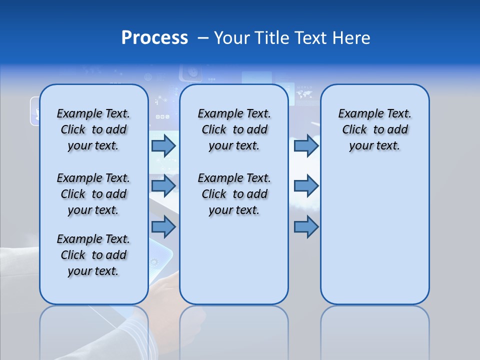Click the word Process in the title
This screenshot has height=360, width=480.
[x=154, y=38]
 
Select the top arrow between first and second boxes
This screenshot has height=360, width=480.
[x=163, y=146]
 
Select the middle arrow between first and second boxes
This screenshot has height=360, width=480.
[x=163, y=186]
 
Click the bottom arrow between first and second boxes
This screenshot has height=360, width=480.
[x=163, y=227]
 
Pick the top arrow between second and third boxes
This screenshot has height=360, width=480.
[x=306, y=146]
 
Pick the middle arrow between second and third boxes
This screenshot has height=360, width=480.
[x=306, y=186]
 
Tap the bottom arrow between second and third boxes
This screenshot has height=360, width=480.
[x=306, y=227]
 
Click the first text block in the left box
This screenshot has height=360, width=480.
[x=93, y=129]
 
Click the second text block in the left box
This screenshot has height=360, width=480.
[x=93, y=194]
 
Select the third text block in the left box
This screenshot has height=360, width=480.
[x=93, y=255]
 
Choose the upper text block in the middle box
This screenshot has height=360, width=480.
[x=234, y=129]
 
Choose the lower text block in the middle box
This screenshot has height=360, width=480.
[x=234, y=194]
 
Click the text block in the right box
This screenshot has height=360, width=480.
[x=374, y=129]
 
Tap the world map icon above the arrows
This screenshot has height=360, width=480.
[x=304, y=93]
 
